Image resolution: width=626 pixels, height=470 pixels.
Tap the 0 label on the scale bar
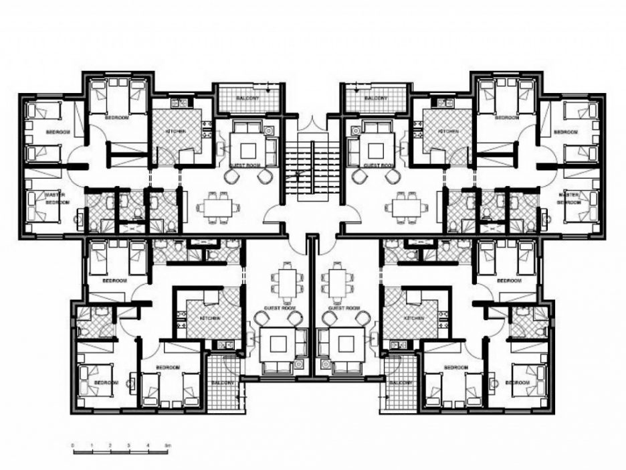73,445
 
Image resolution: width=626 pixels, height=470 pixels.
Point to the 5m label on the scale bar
169,445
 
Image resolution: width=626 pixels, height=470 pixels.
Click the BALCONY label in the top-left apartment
250,99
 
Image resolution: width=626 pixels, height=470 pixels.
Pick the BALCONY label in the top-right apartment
376,99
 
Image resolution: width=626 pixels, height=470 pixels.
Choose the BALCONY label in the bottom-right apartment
401,382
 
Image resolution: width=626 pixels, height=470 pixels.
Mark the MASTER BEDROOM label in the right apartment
569,198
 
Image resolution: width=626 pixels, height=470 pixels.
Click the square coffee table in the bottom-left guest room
276,345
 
